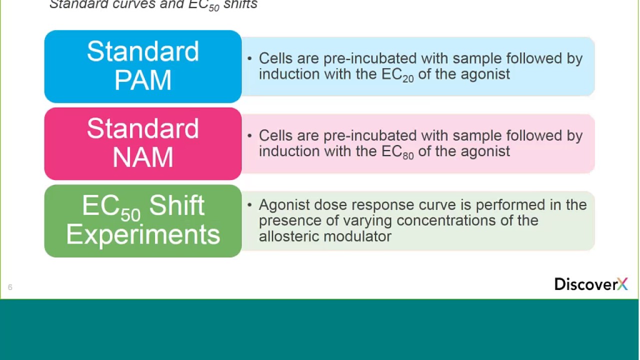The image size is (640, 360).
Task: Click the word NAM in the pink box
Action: coord(143,157)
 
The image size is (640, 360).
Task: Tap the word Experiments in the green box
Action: coord(143,234)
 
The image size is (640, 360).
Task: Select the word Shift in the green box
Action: coord(176,206)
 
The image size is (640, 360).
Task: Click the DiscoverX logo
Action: coord(590,284)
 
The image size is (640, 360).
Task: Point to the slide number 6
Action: coord(10,287)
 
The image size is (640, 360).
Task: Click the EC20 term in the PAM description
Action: coord(397,74)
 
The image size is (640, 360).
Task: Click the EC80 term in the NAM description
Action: coord(397,151)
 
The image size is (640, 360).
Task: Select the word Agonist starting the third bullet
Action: coord(284,205)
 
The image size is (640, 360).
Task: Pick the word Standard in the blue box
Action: coord(143,51)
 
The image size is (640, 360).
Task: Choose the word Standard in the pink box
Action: coord(143,129)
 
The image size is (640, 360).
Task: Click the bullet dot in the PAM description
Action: coord(249,58)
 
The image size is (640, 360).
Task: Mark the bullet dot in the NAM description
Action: coord(249,135)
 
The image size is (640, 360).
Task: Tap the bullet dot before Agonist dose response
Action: coord(249,205)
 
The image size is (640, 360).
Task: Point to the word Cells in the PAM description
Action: coord(276,58)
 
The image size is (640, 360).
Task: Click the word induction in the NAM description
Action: coord(289,151)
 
